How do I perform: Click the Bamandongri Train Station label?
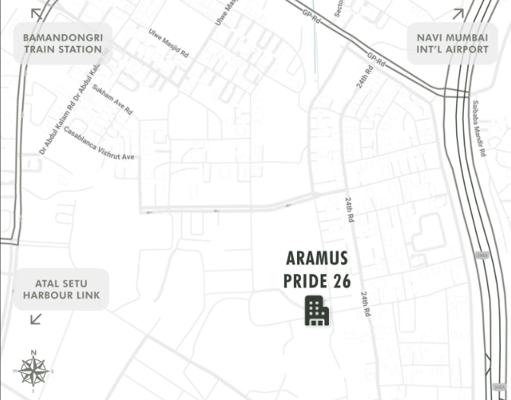click(62, 43)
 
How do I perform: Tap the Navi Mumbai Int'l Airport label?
click(452, 43)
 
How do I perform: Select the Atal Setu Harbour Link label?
click(61, 290)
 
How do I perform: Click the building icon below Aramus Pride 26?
click(317, 311)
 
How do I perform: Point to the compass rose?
click(34, 371)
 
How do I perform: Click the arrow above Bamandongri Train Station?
click(37, 13)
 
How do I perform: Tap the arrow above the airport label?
click(458, 13)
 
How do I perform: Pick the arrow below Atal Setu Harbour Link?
click(36, 319)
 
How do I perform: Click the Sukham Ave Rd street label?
click(112, 100)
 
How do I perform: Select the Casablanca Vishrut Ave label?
click(100, 142)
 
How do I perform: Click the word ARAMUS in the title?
click(317, 259)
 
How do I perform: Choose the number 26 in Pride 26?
click(342, 280)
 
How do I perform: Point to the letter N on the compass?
click(34, 353)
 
